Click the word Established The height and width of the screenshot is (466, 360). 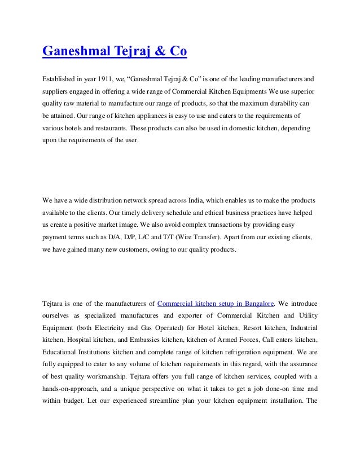[59, 76]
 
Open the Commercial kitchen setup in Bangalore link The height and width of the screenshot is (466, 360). [216, 301]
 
